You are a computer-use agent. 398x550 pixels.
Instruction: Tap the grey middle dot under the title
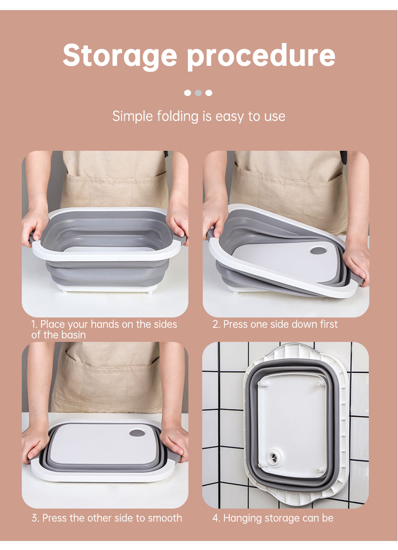(198, 93)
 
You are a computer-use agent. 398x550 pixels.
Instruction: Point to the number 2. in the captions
(216, 324)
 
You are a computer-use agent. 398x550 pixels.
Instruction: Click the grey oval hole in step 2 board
(318, 251)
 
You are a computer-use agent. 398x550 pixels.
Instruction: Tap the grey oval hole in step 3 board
(137, 433)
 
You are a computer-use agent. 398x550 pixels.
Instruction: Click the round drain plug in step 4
(273, 457)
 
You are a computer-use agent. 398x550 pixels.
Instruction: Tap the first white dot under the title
(188, 93)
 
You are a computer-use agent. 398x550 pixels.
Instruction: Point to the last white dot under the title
(209, 93)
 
